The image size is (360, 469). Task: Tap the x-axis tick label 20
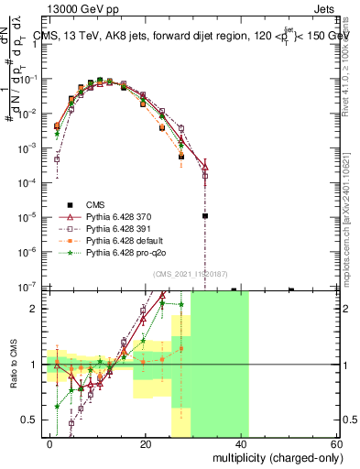coord(146,443)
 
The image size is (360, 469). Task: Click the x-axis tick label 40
coord(241,443)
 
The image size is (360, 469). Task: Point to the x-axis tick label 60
coord(336,443)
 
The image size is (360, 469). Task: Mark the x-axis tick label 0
coord(50,443)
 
